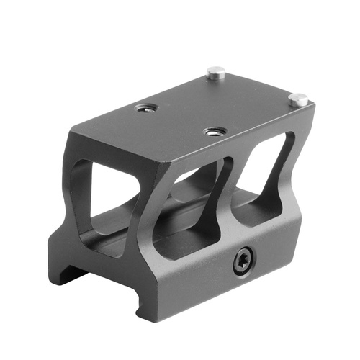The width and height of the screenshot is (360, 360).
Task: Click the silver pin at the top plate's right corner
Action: pyautogui.click(x=299, y=99)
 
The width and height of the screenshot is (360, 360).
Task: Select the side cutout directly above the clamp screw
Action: pyautogui.click(x=202, y=209)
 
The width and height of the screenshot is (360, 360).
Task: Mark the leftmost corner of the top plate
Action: pyautogui.click(x=72, y=128)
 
